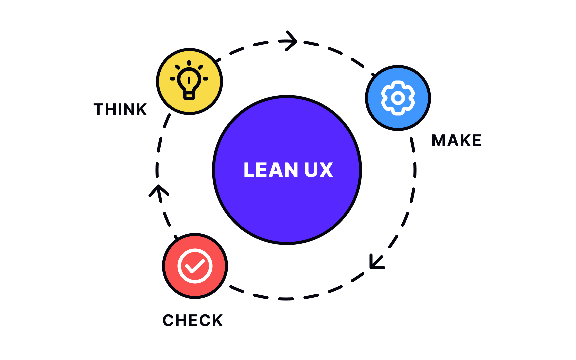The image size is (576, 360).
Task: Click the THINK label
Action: pyautogui.click(x=120, y=109)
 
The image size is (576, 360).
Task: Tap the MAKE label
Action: pyautogui.click(x=456, y=140)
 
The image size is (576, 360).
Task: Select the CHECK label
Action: pyautogui.click(x=192, y=320)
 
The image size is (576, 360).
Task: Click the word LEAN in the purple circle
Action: pyautogui.click(x=270, y=170)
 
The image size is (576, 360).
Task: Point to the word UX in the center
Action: pyautogui.click(x=318, y=170)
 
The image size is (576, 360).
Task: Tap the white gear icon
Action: pyautogui.click(x=398, y=98)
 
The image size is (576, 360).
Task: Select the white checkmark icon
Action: pyautogui.click(x=195, y=266)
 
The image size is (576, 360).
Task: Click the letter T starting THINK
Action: pyautogui.click(x=99, y=109)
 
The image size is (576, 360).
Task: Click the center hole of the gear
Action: pyautogui.click(x=398, y=98)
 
